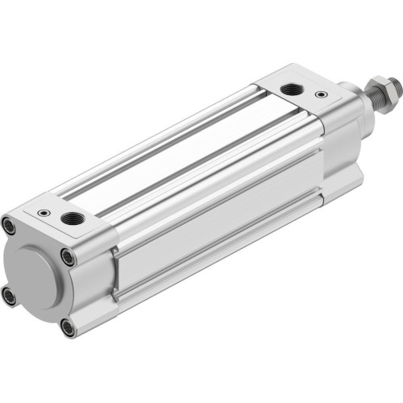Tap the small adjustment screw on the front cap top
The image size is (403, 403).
322,96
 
